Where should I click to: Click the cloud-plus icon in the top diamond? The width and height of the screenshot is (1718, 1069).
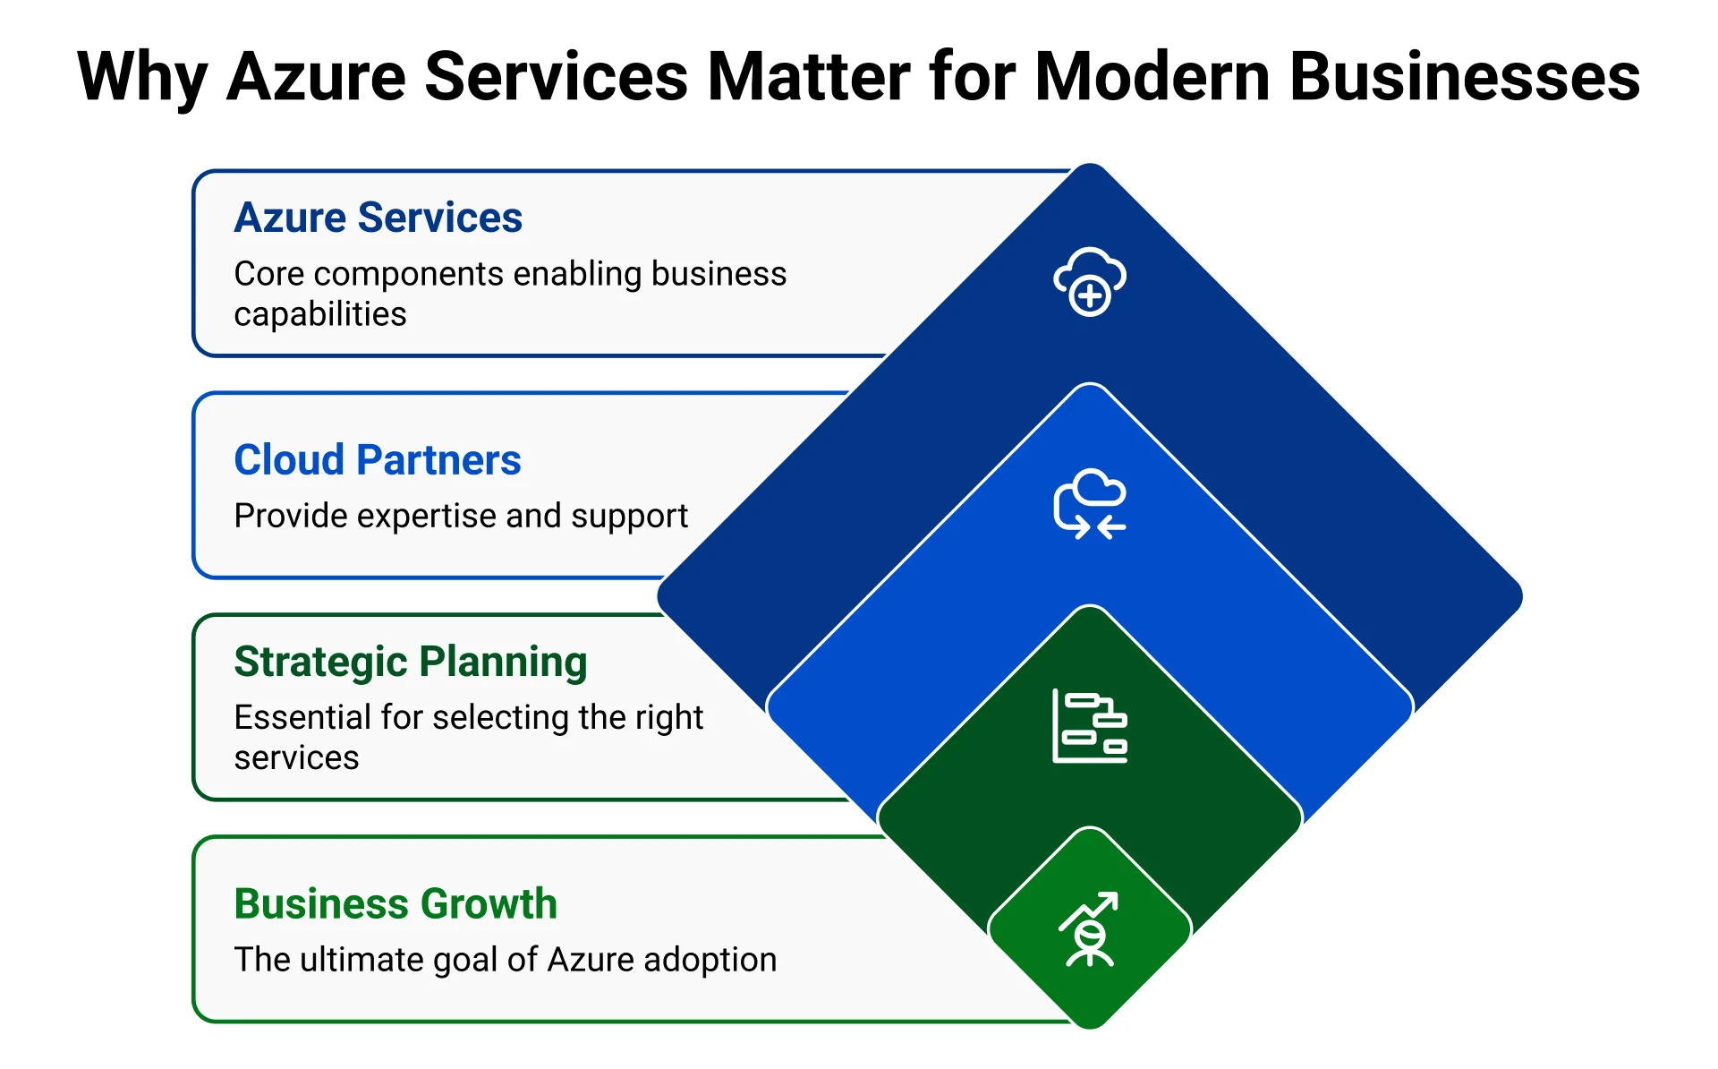1089,281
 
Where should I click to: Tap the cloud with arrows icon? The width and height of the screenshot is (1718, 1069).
1089,503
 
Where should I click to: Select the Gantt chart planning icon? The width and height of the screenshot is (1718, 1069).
1089,726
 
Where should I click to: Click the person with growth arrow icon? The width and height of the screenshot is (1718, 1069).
1089,929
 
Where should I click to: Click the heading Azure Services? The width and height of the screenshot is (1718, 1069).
378,218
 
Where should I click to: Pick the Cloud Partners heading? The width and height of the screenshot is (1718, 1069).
377,460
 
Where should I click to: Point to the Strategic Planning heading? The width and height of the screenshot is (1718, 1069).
410,663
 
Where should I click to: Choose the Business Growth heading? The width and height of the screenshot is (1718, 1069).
395,904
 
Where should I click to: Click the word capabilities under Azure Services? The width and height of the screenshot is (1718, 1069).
319,314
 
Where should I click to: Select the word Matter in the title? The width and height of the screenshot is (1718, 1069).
809,77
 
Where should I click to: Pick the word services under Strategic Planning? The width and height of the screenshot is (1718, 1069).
296,757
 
